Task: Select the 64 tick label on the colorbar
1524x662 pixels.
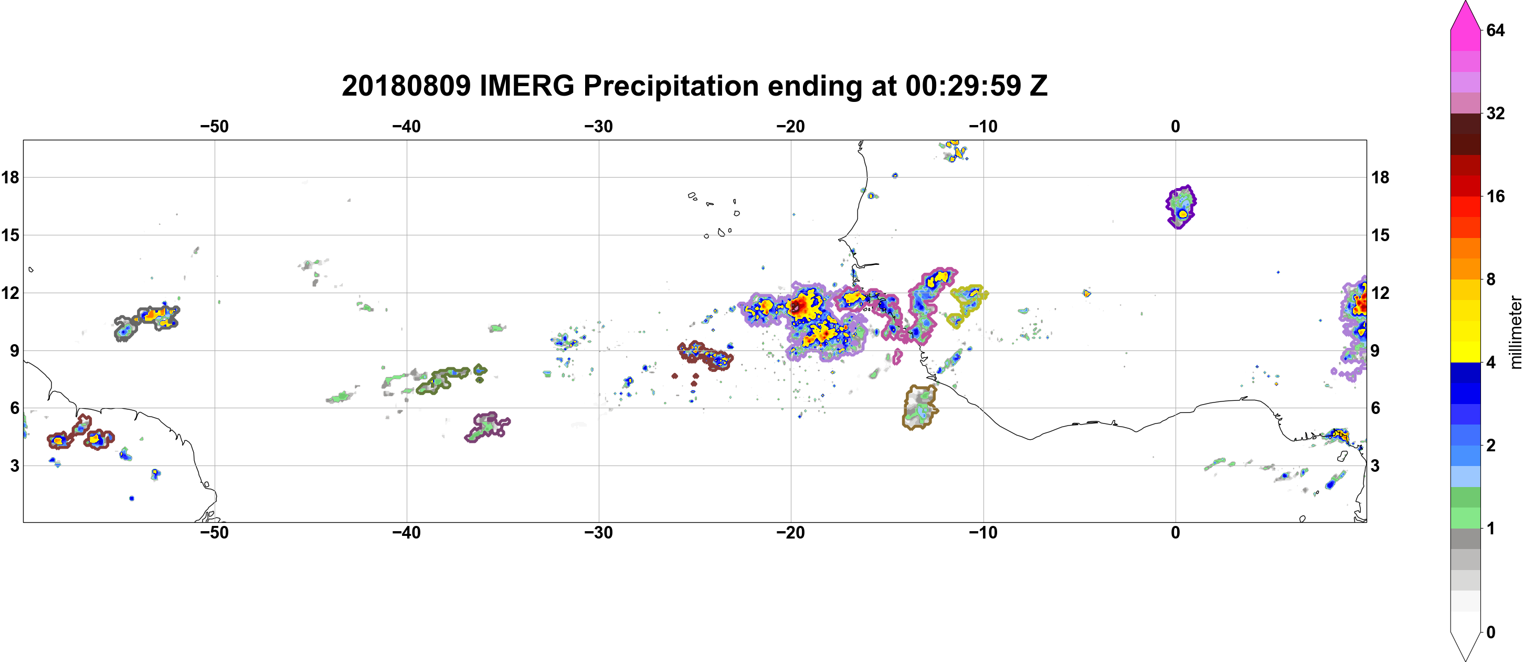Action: coord(1496,30)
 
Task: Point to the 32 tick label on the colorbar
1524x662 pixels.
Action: coord(1496,113)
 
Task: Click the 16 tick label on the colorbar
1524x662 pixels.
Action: coord(1496,196)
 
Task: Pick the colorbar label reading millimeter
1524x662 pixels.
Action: coord(1515,332)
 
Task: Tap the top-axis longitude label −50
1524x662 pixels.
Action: coord(214,126)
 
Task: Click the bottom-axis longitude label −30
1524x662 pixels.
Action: coord(599,532)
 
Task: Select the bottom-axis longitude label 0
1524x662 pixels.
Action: coord(1176,532)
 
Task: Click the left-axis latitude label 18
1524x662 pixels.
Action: coord(10,177)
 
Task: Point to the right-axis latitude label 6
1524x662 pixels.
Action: coord(1376,408)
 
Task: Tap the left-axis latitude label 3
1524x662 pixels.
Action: coord(15,466)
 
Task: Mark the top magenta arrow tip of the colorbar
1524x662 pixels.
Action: coord(1465,2)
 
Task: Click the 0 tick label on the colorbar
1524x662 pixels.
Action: coord(1491,633)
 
